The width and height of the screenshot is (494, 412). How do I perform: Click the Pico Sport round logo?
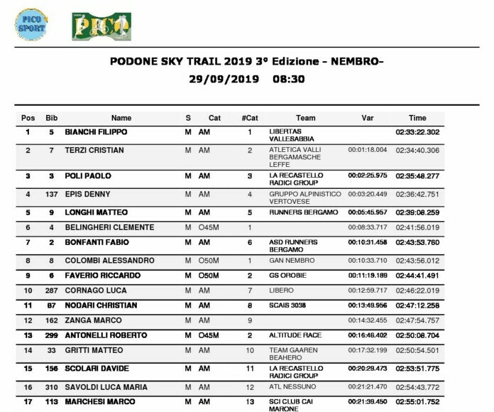(x=33, y=24)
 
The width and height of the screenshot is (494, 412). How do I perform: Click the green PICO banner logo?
(x=91, y=26)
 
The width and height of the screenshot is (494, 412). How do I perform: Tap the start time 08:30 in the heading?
(x=288, y=79)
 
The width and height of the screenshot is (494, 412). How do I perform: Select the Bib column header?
(x=51, y=118)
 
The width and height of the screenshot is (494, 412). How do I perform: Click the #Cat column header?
(x=250, y=118)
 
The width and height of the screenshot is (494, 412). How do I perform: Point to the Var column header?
(x=367, y=118)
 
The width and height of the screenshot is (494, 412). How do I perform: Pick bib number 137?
(x=51, y=194)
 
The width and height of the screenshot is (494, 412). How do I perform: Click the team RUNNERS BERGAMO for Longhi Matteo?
(x=297, y=212)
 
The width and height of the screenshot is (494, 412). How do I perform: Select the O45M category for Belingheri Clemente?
(x=210, y=227)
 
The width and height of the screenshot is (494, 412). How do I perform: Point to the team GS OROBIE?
(x=287, y=276)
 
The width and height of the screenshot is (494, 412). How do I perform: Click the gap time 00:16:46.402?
(x=368, y=335)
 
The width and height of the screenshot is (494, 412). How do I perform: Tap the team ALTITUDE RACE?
(x=294, y=335)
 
